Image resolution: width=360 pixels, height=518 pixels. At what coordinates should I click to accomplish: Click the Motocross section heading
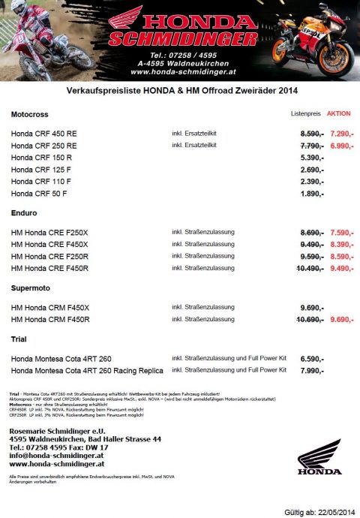29,114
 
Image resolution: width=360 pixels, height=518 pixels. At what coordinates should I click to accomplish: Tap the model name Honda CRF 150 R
41,158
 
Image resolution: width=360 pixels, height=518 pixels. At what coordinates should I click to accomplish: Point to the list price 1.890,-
311,194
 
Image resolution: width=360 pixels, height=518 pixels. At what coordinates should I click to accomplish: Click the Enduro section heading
24,214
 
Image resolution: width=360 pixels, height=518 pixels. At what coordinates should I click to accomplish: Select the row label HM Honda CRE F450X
49,244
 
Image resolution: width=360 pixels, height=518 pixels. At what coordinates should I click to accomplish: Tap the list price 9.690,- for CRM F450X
311,307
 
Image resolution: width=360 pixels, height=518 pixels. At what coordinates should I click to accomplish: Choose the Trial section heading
19,339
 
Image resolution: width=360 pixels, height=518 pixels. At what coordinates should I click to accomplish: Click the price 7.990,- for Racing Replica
311,370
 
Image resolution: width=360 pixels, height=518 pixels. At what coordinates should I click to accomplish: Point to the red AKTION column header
338,114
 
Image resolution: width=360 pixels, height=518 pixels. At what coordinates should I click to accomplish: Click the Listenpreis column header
305,114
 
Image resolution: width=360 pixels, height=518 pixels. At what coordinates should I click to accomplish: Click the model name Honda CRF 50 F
39,194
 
